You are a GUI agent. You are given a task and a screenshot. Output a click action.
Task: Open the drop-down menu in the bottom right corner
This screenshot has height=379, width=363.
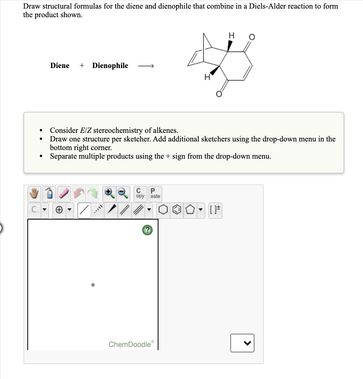click(242, 343)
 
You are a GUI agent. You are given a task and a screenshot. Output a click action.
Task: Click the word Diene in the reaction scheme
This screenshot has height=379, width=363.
click(60, 66)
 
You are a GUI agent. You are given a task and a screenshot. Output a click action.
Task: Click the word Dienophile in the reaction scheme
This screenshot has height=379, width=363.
click(110, 66)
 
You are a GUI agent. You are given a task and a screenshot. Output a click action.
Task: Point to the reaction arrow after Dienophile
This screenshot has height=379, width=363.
click(146, 66)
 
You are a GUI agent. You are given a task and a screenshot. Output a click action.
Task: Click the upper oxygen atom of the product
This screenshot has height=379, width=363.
click(252, 37)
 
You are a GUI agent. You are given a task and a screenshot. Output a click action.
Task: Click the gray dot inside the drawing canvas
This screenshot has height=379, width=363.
click(93, 285)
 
